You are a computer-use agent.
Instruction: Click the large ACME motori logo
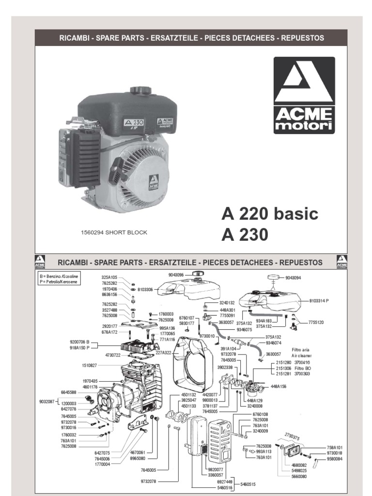pyautogui.click(x=304, y=95)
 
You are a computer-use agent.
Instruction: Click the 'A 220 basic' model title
pyautogui.click(x=270, y=214)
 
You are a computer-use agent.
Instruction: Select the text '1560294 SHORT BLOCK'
pyautogui.click(x=114, y=232)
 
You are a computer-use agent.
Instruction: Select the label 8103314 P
pyautogui.click(x=319, y=301)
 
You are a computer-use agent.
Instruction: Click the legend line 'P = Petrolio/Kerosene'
pyautogui.click(x=59, y=281)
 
